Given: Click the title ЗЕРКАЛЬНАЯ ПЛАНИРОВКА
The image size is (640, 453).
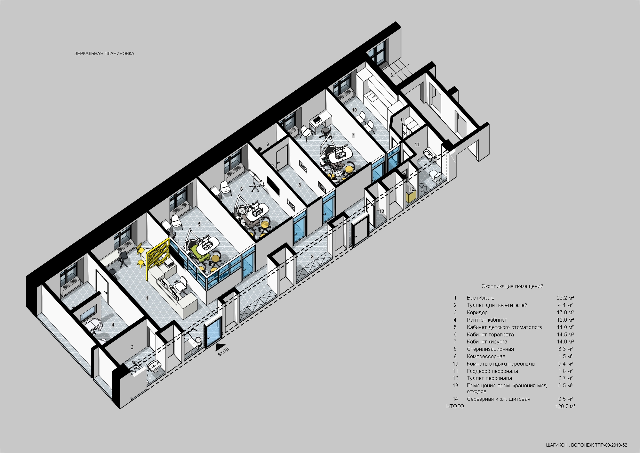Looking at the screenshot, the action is (104, 54).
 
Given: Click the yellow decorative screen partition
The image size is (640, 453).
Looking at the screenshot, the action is (158, 257).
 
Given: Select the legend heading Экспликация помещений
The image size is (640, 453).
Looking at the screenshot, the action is (512, 286).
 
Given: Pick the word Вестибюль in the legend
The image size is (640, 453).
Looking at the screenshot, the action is (480, 298).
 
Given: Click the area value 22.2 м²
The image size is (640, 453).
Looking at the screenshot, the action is (565, 298).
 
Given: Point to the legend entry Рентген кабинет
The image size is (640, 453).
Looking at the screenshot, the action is (487, 320).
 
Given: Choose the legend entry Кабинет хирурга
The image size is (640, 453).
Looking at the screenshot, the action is (487, 342).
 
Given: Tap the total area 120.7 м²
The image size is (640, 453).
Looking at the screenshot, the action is (565, 406).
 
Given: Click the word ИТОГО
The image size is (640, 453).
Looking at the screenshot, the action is (455, 406).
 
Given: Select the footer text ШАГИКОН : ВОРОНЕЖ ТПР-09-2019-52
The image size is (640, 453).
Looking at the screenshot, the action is (587, 445).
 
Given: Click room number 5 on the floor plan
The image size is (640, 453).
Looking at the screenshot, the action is (199, 224).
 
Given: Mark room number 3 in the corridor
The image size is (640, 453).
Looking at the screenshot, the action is (312, 257).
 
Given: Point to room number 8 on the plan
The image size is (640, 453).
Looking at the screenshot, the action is (300, 185).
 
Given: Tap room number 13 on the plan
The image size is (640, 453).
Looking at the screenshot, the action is (381, 211).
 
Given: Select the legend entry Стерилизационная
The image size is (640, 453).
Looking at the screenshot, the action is (490, 349).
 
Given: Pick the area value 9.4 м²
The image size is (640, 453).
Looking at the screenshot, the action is (565, 364).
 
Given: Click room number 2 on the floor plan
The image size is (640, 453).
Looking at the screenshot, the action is (132, 347).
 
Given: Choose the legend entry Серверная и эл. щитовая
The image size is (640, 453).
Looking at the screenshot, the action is (498, 399).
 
